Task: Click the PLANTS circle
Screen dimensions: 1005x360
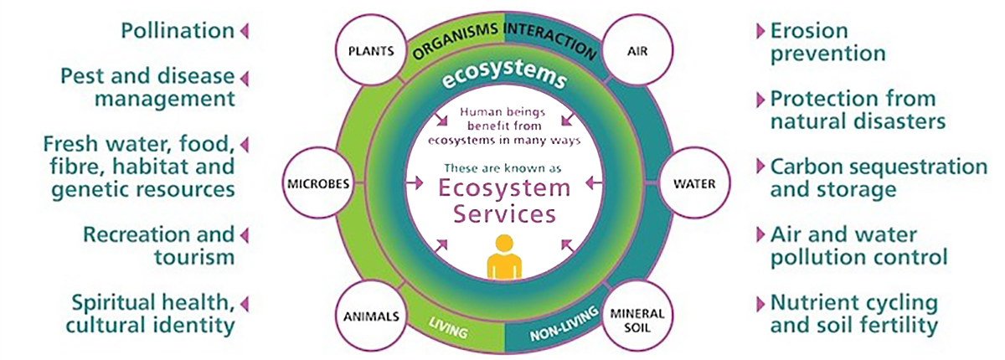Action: (x=371, y=50)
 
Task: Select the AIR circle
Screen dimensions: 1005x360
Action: (x=637, y=50)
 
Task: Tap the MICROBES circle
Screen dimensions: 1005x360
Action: (x=318, y=183)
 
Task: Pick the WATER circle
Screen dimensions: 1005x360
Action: (x=694, y=183)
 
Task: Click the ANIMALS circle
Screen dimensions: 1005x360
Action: (x=371, y=316)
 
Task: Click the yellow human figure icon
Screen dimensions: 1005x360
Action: (x=504, y=257)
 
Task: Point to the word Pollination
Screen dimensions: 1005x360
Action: (x=178, y=31)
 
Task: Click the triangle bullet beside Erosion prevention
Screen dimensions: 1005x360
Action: (x=760, y=31)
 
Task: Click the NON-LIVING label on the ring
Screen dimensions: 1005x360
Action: (x=564, y=324)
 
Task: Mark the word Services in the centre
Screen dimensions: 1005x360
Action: (x=504, y=213)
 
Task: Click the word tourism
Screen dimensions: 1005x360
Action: (x=194, y=257)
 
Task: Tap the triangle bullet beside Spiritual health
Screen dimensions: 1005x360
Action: (x=245, y=304)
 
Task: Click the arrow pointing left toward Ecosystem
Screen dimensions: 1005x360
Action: (x=595, y=183)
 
